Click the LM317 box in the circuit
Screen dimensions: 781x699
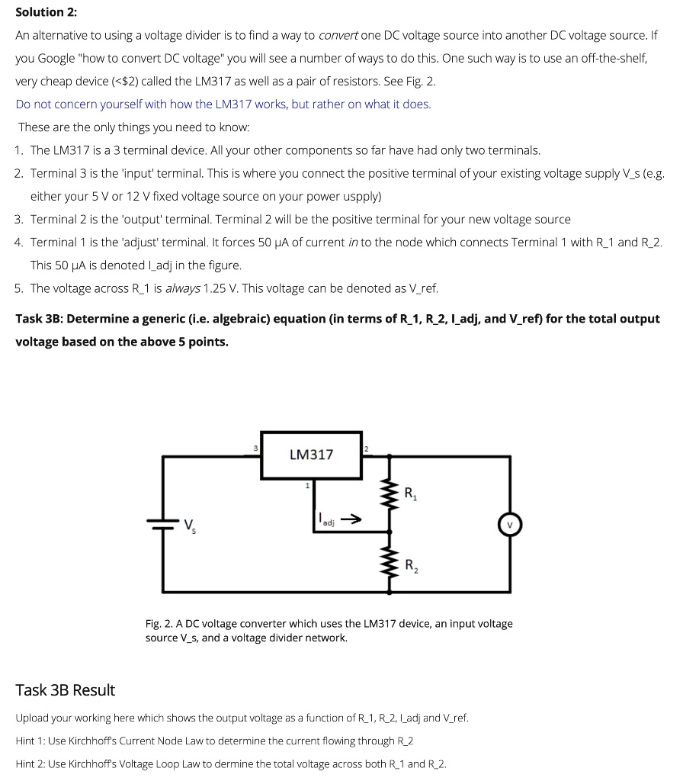tap(311, 455)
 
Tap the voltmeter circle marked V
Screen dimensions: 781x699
tap(509, 525)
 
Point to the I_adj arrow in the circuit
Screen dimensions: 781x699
tap(350, 520)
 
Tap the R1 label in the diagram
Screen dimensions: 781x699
tap(411, 493)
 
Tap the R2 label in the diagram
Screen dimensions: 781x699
tap(411, 566)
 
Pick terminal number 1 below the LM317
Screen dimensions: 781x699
tap(307, 485)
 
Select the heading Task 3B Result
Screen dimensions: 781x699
tap(65, 690)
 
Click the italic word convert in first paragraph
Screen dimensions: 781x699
tap(338, 35)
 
